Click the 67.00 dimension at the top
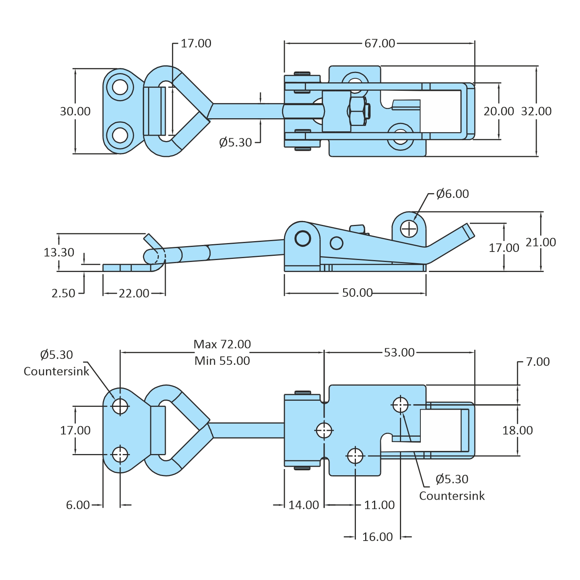(379, 43)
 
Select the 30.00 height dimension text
(75, 111)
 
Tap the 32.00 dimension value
(536, 111)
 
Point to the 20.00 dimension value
(499, 111)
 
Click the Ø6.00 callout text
(452, 194)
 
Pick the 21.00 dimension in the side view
(541, 242)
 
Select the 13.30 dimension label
(59, 252)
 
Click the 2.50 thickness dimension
(63, 293)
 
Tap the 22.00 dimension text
(134, 293)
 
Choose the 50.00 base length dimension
(357, 293)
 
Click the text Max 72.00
(222, 344)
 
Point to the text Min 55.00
(222, 361)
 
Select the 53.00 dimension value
(399, 352)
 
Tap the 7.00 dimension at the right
(537, 362)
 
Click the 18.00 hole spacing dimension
(517, 430)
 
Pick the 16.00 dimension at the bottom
(377, 537)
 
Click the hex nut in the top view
(357, 111)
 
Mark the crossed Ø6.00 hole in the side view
(409, 229)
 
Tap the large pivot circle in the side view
(303, 238)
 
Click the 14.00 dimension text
(304, 505)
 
